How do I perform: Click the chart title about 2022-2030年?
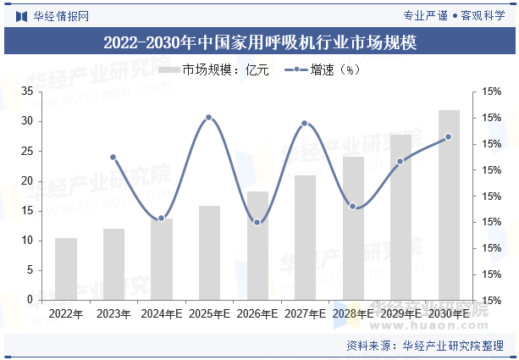(259, 42)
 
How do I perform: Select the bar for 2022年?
(66, 269)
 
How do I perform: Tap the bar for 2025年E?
(209, 252)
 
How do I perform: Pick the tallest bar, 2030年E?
(449, 205)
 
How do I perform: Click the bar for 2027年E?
(305, 237)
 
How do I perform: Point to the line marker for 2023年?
(113, 157)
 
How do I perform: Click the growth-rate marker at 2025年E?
(209, 118)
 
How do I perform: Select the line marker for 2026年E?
(257, 222)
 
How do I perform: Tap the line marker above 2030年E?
(449, 136)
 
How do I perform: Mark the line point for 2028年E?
(353, 206)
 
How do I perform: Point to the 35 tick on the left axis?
(27, 91)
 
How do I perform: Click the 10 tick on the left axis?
(27, 241)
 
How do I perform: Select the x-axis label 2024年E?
(162, 313)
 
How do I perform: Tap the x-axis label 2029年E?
(401, 313)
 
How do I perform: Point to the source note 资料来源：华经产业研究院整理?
(425, 346)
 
